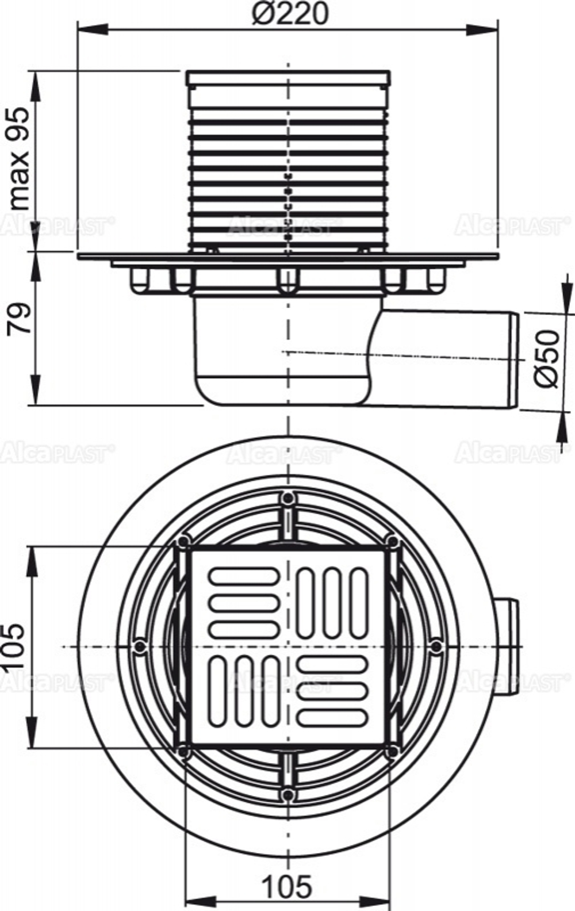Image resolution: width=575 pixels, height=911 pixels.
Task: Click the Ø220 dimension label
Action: coord(290,13)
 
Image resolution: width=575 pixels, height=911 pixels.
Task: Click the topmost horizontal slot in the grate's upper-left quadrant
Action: coord(244,575)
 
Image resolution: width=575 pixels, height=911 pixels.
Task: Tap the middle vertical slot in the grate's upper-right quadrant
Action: coord(332,602)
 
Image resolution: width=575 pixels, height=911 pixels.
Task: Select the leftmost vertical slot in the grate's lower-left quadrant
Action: coord(218,691)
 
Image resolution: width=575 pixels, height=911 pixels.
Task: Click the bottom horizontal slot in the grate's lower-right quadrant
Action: coord(332,717)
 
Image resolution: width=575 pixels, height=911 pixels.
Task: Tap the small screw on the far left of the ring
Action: coord(139,646)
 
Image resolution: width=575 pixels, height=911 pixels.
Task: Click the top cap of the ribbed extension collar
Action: coord(288,76)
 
